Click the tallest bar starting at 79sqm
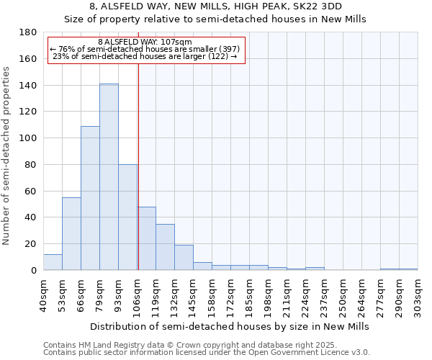tap(109, 177)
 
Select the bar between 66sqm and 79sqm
tap(90, 198)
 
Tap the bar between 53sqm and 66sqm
tap(71, 234)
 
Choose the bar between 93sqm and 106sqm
tap(127, 217)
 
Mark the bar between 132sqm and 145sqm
tap(184, 258)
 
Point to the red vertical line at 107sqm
tap(138, 180)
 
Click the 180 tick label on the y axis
tap(28, 32)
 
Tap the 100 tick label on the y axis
tap(28, 138)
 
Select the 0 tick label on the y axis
tap(33, 271)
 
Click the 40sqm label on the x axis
tap(43, 294)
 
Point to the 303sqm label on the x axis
tap(418, 294)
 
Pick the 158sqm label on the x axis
tap(212, 294)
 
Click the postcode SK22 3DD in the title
tap(319, 6)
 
